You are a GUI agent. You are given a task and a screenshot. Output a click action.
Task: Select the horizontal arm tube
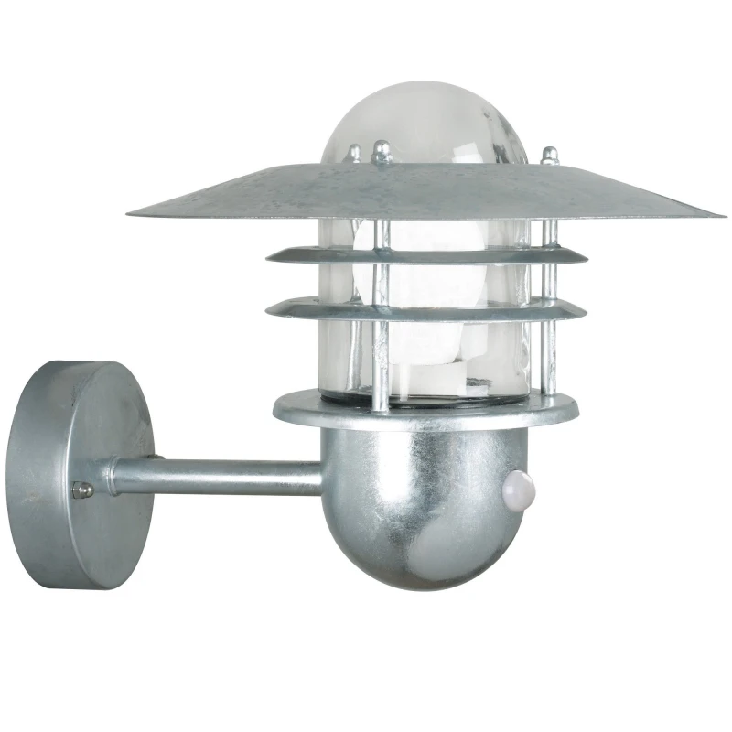[x=220, y=476]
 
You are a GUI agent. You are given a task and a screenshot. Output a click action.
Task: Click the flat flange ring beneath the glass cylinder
[x=425, y=410]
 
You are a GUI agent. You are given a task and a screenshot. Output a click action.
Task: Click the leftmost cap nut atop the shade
[x=354, y=154]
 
